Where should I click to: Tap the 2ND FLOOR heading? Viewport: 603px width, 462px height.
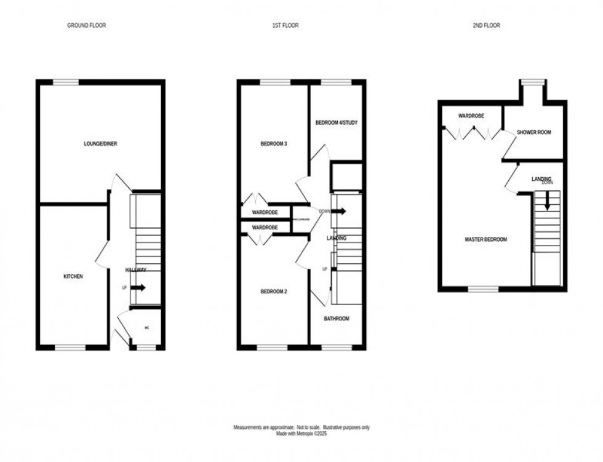click(x=487, y=26)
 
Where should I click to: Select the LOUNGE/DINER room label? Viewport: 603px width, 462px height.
click(x=100, y=144)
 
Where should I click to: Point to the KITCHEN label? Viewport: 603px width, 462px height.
click(x=73, y=277)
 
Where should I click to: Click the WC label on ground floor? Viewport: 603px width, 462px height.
click(x=146, y=328)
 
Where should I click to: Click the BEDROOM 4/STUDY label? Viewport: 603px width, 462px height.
click(x=337, y=123)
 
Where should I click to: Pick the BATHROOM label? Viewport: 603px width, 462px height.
click(x=337, y=319)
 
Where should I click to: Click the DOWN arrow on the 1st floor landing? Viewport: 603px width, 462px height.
click(x=338, y=211)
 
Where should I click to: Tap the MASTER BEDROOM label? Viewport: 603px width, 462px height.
click(x=485, y=239)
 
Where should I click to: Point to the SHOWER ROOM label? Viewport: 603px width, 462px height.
click(x=533, y=132)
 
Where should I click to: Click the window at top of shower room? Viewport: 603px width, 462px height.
click(x=533, y=81)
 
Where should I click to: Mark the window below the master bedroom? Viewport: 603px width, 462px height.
click(x=484, y=288)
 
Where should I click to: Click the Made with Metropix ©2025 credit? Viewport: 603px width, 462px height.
click(x=301, y=433)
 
